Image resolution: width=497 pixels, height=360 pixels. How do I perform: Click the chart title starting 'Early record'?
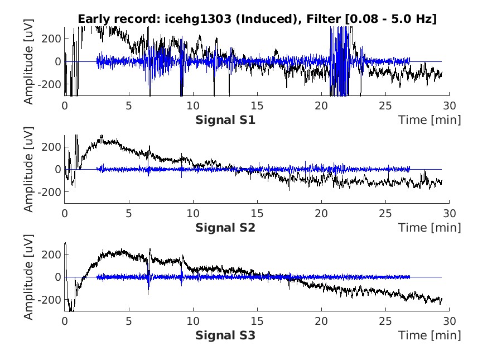[x=257, y=19]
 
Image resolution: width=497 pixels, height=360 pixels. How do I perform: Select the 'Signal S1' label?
[x=225, y=119]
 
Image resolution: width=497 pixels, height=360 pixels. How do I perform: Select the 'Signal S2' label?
[x=225, y=227]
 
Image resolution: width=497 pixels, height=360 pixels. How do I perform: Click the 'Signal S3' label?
[x=225, y=335]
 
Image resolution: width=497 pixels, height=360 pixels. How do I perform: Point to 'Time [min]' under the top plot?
[x=430, y=119]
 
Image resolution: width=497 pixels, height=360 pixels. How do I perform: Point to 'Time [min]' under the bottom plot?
[x=430, y=335]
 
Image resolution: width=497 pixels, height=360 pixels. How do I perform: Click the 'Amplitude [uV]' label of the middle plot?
[x=28, y=172]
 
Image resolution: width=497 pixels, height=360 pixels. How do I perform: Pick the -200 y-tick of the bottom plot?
[x=50, y=300]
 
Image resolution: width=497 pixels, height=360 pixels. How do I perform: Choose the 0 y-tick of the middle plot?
[x=57, y=169]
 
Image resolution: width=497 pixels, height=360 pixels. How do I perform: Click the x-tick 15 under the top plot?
[x=257, y=105]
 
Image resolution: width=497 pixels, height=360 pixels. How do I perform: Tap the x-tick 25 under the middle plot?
[x=385, y=213]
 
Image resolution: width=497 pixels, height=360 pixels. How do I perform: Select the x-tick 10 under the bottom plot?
[x=193, y=321]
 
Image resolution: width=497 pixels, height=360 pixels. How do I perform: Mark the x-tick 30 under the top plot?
[x=450, y=105]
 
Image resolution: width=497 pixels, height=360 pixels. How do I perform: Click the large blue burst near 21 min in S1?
[x=341, y=61]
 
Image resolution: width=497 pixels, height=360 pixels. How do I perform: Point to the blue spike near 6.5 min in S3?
[x=148, y=282]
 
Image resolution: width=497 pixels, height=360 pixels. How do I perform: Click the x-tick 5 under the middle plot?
[x=129, y=213]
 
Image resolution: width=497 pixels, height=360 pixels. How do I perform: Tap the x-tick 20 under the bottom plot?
[x=321, y=321]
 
